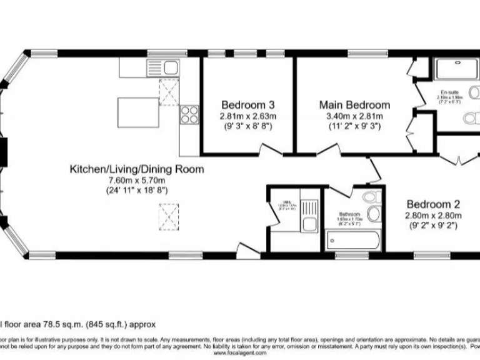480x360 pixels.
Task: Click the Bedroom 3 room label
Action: [248, 105]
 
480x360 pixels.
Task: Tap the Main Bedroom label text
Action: [354, 105]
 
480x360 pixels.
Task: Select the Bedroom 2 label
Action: [433, 204]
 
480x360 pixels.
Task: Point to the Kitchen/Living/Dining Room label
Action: [136, 169]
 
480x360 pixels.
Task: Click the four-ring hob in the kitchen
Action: [189, 114]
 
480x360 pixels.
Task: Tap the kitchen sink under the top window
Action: [164, 66]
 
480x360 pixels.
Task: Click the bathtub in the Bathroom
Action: [352, 240]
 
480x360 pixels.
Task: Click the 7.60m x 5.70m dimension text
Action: [136, 180]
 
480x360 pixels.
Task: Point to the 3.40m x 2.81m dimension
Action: [354, 116]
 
